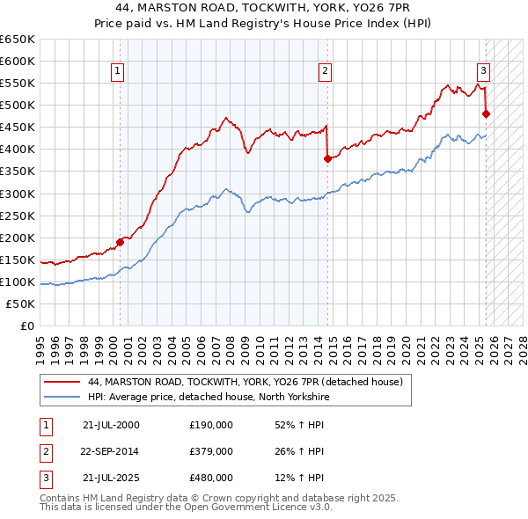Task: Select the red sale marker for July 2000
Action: click(120, 241)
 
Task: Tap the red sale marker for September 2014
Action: click(327, 158)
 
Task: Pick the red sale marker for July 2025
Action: click(486, 113)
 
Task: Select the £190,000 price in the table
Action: click(211, 425)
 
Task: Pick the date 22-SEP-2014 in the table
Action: click(110, 452)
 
